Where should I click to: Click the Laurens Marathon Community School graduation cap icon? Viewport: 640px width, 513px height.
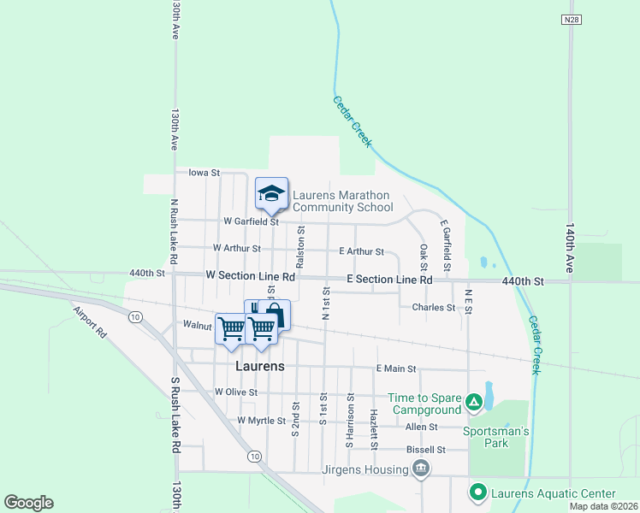pyautogui.click(x=271, y=194)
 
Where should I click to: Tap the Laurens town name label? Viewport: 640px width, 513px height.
pyautogui.click(x=259, y=366)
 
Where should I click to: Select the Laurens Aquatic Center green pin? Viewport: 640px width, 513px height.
pyautogui.click(x=477, y=492)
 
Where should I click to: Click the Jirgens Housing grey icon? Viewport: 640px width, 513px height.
pyautogui.click(x=421, y=469)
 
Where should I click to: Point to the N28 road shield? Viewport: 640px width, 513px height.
pyautogui.click(x=572, y=19)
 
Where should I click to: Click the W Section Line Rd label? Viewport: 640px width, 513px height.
pyautogui.click(x=251, y=277)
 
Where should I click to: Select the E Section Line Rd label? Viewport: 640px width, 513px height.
pyautogui.click(x=388, y=280)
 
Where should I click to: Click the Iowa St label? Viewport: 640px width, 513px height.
pyautogui.click(x=204, y=173)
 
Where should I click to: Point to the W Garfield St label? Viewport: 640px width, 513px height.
pyautogui.click(x=251, y=221)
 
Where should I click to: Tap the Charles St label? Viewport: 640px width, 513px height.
pyautogui.click(x=433, y=307)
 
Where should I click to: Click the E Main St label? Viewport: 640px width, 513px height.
pyautogui.click(x=395, y=369)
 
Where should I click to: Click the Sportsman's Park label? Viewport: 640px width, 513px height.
pyautogui.click(x=496, y=431)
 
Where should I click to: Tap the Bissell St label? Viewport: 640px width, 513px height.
pyautogui.click(x=426, y=449)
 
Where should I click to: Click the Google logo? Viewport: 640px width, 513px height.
pyautogui.click(x=28, y=503)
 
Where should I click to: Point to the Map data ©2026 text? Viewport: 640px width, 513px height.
pyautogui.click(x=604, y=506)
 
